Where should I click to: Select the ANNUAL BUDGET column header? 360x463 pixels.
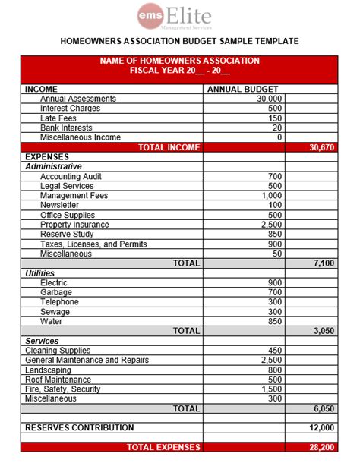click(x=243, y=89)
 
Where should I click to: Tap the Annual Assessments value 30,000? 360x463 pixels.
click(x=269, y=99)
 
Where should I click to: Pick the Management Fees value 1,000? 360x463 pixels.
click(x=270, y=196)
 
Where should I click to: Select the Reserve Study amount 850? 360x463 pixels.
click(x=274, y=235)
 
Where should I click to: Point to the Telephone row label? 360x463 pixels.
click(x=59, y=301)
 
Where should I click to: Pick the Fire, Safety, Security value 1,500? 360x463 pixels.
click(x=270, y=389)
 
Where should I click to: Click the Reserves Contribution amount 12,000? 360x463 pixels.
click(x=321, y=428)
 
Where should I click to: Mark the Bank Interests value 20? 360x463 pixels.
click(x=276, y=128)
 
